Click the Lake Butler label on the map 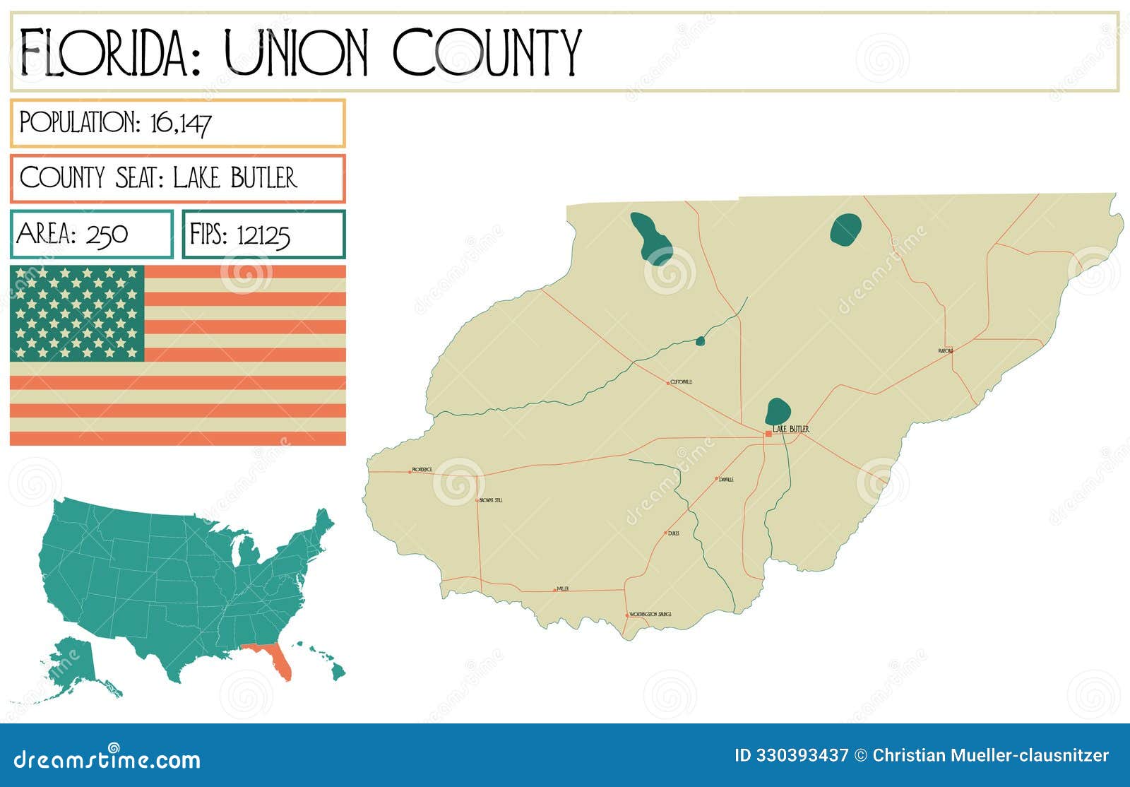click(x=791, y=429)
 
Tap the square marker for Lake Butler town click(x=768, y=434)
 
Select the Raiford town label click(x=945, y=350)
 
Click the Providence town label click(x=422, y=469)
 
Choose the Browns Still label click(x=491, y=500)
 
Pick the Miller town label click(x=563, y=588)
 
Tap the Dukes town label click(x=673, y=533)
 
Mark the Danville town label click(x=726, y=479)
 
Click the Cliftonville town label click(x=682, y=381)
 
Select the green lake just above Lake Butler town click(x=778, y=410)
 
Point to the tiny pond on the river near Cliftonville click(x=700, y=341)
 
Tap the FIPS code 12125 click(x=263, y=235)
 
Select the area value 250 click(x=107, y=234)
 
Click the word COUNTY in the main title click(x=487, y=52)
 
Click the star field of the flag click(x=77, y=313)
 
